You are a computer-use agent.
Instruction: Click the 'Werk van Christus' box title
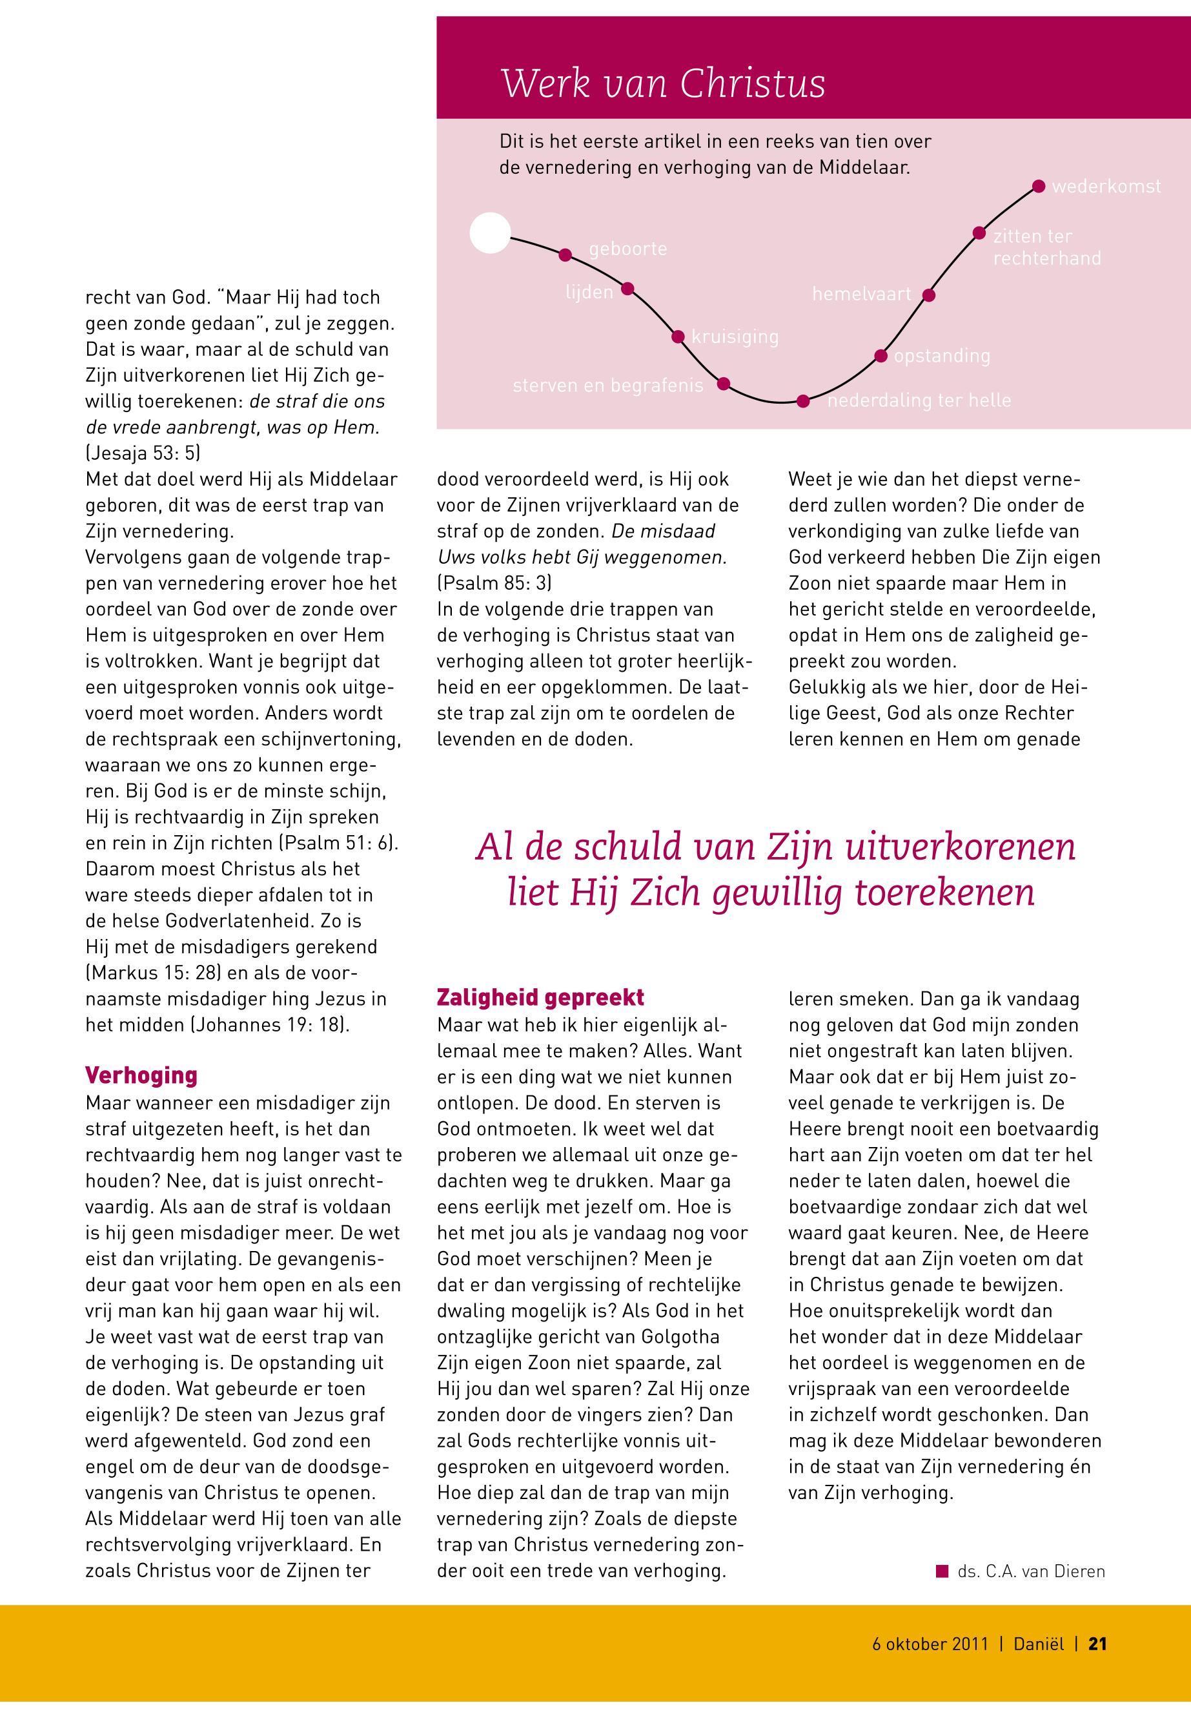pos(663,83)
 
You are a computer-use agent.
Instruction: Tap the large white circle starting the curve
pos(491,233)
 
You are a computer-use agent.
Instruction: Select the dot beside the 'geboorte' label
pos(565,254)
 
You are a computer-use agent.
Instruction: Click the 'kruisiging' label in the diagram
pos(735,336)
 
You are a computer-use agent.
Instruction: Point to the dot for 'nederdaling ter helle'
pos(803,401)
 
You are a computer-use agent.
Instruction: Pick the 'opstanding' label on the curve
pos(942,356)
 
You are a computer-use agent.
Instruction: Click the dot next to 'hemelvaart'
pos(929,295)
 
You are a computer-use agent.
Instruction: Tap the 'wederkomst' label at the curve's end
pos(1106,187)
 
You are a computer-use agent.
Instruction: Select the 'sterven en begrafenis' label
pos(607,386)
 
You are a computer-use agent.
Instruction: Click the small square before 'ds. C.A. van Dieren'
pos(942,1570)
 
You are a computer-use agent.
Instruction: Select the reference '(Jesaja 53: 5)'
pos(143,453)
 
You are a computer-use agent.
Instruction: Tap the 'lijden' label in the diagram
pos(589,293)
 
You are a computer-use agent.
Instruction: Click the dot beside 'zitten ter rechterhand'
pos(979,233)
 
